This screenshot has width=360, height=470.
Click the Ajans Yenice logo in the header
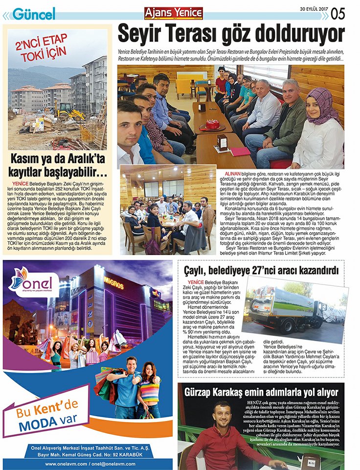tap(174, 13)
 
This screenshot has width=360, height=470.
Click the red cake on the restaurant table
tap(213, 124)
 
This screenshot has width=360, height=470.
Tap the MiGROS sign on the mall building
tap(113, 283)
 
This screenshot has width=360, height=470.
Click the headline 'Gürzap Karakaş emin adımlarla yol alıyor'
tap(261, 392)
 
